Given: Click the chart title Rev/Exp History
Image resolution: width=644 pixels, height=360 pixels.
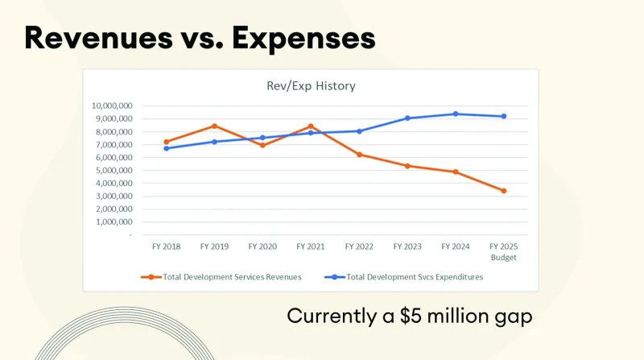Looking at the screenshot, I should coord(311,85).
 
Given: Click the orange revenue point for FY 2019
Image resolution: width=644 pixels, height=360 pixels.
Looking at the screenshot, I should coord(214,126).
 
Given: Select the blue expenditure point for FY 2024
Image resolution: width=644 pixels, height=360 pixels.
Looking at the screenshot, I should coord(456,114).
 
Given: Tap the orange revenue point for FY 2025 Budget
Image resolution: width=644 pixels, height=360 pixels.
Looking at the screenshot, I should coord(504,191).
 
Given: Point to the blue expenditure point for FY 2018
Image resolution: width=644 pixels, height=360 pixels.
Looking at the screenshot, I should coord(166,148).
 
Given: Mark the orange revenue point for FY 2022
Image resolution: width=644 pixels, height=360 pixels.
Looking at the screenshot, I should coord(359,155).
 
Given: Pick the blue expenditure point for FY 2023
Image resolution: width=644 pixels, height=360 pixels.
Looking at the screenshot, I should coord(407,118).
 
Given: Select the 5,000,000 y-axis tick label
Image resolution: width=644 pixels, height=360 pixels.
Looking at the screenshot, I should coord(114,171).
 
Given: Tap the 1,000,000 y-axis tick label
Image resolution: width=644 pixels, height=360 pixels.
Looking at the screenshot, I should coord(114,222).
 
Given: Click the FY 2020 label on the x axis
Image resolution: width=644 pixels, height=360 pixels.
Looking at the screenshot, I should coord(262,246).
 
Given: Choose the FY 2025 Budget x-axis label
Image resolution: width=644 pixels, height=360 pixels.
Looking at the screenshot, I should coord(504,251).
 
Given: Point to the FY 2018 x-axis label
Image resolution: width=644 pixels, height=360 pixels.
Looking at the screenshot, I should coord(166,246).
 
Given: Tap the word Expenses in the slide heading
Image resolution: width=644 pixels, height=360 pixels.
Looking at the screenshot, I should coord(308,37).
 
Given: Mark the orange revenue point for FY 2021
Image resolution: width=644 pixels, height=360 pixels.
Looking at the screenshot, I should coord(311,126).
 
